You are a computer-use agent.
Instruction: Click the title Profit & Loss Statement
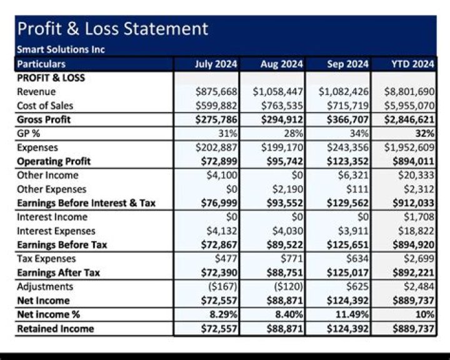point(112,29)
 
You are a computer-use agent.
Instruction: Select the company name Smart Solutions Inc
point(61,49)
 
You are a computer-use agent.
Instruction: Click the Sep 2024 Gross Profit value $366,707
point(344,119)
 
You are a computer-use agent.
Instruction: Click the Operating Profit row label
point(54,161)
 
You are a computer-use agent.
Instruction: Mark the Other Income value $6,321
point(354,176)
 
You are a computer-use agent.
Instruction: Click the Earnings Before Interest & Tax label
point(86,203)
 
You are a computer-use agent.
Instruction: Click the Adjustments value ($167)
point(222,287)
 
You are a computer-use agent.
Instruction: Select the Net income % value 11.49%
point(351,314)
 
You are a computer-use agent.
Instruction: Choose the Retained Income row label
point(55,329)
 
